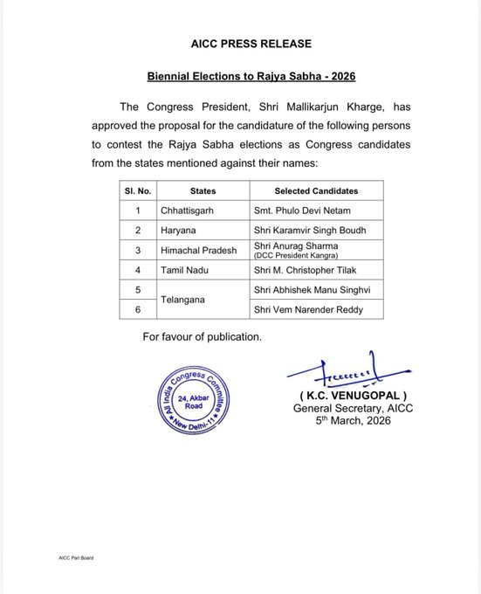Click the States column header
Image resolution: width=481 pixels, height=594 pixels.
203,190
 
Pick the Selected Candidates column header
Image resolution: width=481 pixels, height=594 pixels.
316,190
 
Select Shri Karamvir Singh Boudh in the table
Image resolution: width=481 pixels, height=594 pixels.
316,231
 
